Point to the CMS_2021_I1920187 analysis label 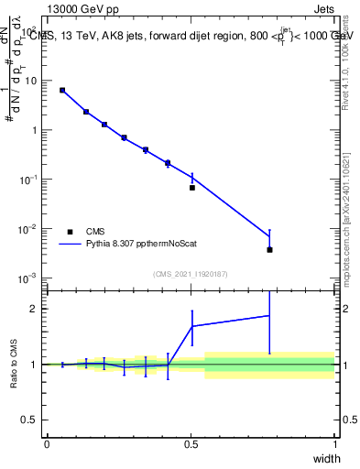[x=191, y=274]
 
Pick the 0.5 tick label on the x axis [x=191, y=444]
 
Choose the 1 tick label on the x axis [x=334, y=444]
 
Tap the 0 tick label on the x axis [x=47, y=444]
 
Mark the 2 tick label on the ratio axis [x=33, y=309]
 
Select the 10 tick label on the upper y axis [x=30, y=81]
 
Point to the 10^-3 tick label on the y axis [x=29, y=278]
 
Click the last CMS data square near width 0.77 [x=269, y=249]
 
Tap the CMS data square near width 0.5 [x=192, y=188]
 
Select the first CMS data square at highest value [x=62, y=90]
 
